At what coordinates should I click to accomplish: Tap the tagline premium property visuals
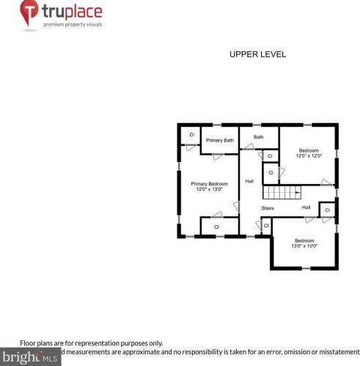click(x=73, y=25)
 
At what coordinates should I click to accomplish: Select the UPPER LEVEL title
click(x=257, y=54)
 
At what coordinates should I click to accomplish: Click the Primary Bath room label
click(x=219, y=140)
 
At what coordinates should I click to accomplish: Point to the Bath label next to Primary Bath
click(x=259, y=137)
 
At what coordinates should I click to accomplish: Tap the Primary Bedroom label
click(x=209, y=183)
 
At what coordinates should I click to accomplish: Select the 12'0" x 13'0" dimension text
click(x=209, y=189)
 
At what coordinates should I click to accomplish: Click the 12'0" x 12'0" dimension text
click(x=309, y=155)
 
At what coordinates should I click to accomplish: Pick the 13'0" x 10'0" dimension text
click(x=304, y=246)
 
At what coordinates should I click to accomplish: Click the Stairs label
click(x=268, y=208)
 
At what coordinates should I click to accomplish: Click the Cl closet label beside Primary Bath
click(x=192, y=134)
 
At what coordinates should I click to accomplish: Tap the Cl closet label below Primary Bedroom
click(x=216, y=227)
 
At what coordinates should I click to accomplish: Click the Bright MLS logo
click(x=31, y=358)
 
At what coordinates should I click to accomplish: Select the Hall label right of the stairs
click(x=306, y=208)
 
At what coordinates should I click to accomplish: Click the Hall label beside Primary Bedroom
click(x=249, y=181)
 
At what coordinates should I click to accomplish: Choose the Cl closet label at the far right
click(x=327, y=211)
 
